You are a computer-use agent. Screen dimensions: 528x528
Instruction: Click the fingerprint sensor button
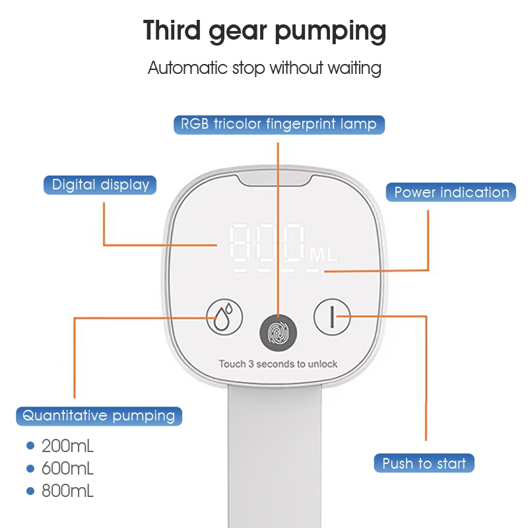pyautogui.click(x=278, y=333)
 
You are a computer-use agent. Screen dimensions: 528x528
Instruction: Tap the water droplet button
pyautogui.click(x=224, y=317)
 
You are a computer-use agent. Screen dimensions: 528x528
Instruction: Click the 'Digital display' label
pyautogui.click(x=100, y=185)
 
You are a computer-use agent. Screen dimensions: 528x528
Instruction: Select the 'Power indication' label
pyautogui.click(x=451, y=192)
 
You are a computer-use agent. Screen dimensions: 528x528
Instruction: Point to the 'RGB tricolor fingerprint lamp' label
pyautogui.click(x=279, y=125)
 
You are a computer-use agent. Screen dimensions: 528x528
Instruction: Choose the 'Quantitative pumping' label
pyautogui.click(x=99, y=416)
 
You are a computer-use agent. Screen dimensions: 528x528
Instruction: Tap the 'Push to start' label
pyautogui.click(x=424, y=463)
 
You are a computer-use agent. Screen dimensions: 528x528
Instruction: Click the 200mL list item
pyautogui.click(x=67, y=446)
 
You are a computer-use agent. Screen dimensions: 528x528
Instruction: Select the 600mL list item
pyautogui.click(x=67, y=469)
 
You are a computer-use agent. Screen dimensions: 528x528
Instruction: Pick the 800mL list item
pyautogui.click(x=67, y=491)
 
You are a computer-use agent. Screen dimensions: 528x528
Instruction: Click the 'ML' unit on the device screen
pyautogui.click(x=323, y=255)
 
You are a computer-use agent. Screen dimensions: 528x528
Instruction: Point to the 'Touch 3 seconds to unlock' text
pyautogui.click(x=278, y=364)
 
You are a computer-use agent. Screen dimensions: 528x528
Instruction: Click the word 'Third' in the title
pyautogui.click(x=172, y=30)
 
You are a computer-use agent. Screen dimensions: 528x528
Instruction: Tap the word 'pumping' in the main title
pyautogui.click(x=331, y=32)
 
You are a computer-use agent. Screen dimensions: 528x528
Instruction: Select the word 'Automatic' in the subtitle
pyautogui.click(x=187, y=68)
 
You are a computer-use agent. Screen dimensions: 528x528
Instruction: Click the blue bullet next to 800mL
pyautogui.click(x=30, y=491)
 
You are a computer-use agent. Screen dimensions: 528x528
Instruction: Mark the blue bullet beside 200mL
pyautogui.click(x=30, y=446)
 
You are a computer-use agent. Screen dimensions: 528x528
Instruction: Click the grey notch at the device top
pyautogui.click(x=275, y=180)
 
